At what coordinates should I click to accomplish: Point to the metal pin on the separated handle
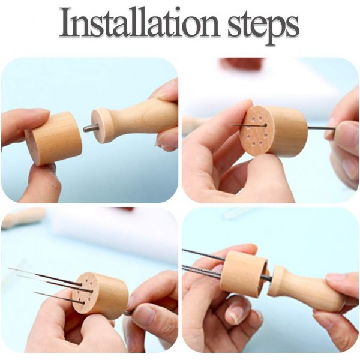tap(89, 128)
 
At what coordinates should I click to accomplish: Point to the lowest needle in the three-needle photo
tap(54, 295)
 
